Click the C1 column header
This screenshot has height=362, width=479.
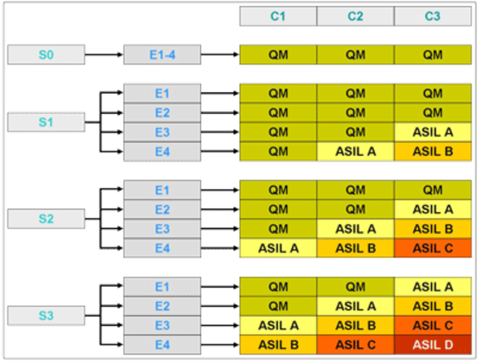pyautogui.click(x=277, y=16)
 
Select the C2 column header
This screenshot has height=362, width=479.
pyautogui.click(x=355, y=16)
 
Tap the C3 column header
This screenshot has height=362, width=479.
pyautogui.click(x=432, y=16)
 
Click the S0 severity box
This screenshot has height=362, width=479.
pyautogui.click(x=46, y=55)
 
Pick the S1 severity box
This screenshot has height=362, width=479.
pyautogui.click(x=46, y=122)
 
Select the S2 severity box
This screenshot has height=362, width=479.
pyautogui.click(x=46, y=219)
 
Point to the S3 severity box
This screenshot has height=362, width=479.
pyautogui.click(x=46, y=315)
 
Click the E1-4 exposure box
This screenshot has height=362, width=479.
pyautogui.click(x=162, y=55)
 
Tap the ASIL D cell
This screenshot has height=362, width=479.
pyautogui.click(x=432, y=344)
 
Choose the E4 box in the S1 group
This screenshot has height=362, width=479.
pyautogui.click(x=162, y=152)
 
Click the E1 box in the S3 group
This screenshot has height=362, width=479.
pyautogui.click(x=162, y=287)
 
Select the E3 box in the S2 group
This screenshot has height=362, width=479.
pyautogui.click(x=162, y=229)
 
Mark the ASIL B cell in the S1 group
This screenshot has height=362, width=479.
pyautogui.click(x=432, y=152)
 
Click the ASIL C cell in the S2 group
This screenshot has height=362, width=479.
pyautogui.click(x=432, y=248)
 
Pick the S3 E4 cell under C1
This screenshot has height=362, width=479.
pyautogui.click(x=277, y=344)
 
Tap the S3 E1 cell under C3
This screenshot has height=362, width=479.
pyautogui.click(x=432, y=287)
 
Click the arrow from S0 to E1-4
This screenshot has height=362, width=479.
pyautogui.click(x=104, y=55)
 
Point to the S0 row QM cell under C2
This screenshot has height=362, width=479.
pyautogui.click(x=355, y=55)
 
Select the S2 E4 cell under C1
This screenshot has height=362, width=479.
pyautogui.click(x=277, y=248)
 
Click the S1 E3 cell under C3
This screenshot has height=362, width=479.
pyautogui.click(x=432, y=132)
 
